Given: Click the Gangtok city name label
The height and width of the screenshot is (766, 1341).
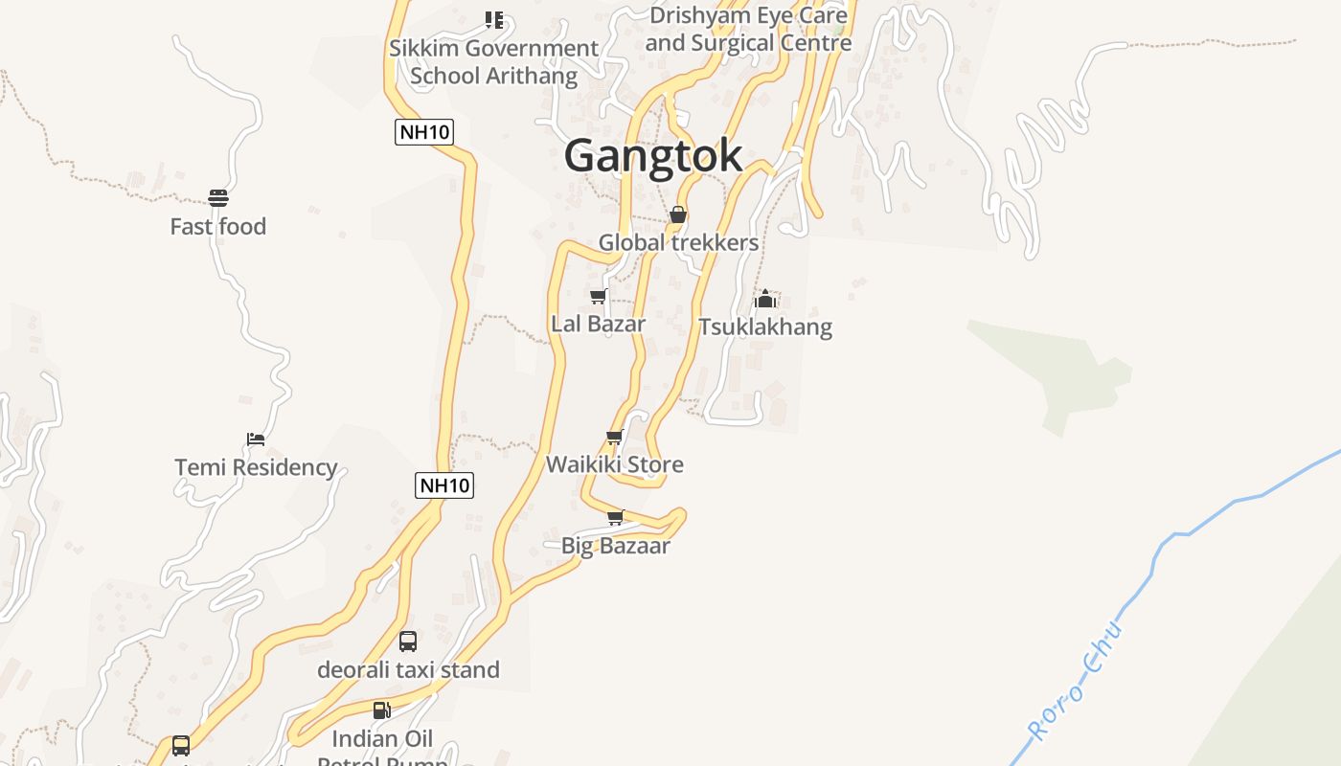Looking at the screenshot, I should (x=652, y=155).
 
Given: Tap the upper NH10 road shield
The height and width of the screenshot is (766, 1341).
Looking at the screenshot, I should (x=423, y=132).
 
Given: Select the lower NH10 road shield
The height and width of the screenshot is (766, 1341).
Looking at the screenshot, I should (x=444, y=485).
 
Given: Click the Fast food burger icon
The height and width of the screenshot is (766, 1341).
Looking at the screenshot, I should (x=218, y=198).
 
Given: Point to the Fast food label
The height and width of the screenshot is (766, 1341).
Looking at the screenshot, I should (x=218, y=227).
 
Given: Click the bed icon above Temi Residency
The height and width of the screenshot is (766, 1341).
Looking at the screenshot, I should (x=255, y=439).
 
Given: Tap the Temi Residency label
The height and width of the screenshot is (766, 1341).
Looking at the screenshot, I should (x=256, y=467).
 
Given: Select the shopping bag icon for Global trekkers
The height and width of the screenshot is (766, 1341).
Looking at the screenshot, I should (x=677, y=214).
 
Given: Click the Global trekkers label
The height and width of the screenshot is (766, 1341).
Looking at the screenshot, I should (x=678, y=243).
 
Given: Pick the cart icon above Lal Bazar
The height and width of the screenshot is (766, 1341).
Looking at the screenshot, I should (x=598, y=296).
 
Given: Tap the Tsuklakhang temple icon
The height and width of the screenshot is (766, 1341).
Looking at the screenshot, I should (x=764, y=299).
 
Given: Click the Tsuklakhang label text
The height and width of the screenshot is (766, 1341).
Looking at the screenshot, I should (x=764, y=327).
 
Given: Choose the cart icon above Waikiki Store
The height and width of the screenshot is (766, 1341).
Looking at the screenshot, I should (x=614, y=437).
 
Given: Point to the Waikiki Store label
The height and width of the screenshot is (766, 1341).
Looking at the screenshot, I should (x=614, y=464).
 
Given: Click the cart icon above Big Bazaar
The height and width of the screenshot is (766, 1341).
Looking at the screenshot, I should (x=615, y=517).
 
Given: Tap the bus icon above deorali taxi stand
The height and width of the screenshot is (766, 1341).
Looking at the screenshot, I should (x=408, y=641).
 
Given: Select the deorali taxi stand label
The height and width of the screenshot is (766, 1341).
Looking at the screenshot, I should (x=408, y=669).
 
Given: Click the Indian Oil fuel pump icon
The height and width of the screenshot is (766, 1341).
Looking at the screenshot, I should (x=381, y=710).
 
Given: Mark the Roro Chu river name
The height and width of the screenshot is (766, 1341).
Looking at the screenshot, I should (x=1074, y=682).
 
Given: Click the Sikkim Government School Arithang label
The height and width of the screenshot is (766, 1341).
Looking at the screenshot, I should (x=493, y=61).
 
